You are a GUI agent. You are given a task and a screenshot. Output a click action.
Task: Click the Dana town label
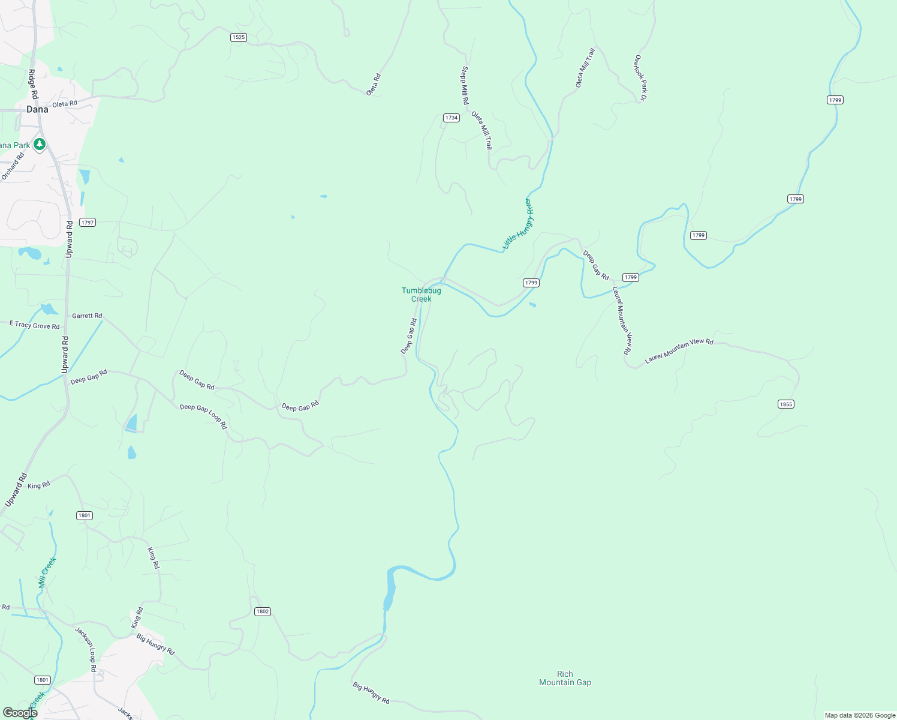(37, 109)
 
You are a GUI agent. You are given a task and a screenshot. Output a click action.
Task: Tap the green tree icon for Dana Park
(40, 144)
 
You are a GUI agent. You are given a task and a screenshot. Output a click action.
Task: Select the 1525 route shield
(239, 37)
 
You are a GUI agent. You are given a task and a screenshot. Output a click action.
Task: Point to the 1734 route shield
(451, 118)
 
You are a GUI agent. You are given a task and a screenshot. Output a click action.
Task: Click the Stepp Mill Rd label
(465, 85)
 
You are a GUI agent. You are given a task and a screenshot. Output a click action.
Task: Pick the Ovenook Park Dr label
(640, 78)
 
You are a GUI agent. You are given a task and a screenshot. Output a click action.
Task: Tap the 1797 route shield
(88, 223)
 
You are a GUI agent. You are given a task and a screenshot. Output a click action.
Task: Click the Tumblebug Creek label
(422, 295)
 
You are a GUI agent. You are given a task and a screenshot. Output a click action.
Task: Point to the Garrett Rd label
(87, 316)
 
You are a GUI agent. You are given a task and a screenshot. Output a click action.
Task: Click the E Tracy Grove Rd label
(35, 325)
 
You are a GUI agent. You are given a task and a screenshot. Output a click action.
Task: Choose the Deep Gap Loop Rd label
(203, 416)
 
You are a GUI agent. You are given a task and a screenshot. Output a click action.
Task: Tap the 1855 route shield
(786, 404)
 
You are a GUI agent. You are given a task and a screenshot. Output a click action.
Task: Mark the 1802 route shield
(263, 611)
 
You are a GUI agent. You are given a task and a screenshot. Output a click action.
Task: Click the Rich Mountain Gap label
(565, 678)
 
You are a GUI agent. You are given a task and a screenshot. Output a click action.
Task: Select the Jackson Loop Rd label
(86, 649)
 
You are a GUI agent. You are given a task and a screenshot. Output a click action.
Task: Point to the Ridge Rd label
(33, 84)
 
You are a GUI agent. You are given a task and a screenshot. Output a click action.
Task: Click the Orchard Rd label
(13, 166)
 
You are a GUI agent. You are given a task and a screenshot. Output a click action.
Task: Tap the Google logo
(20, 713)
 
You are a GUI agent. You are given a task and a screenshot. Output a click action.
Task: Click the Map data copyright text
(860, 715)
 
